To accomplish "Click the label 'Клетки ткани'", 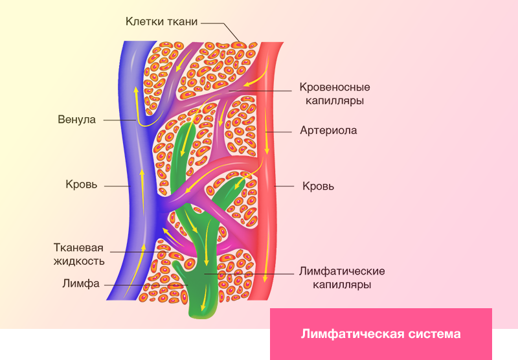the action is (161, 21).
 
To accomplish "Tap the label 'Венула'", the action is (76, 119).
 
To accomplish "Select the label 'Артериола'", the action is (328, 130).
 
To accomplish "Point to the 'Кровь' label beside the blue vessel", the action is (82, 184).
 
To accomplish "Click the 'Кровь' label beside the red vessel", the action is (318, 186).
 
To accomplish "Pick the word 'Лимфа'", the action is (81, 284).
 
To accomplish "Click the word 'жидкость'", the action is (79, 261).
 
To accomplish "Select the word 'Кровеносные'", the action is (335, 87).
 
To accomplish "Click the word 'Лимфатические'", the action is (342, 271).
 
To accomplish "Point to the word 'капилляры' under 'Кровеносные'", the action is (335, 101).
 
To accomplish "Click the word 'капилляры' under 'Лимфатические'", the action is (342, 285).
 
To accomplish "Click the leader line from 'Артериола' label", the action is (279, 132).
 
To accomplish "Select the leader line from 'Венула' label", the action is (120, 120).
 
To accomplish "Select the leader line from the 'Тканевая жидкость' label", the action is (139, 253).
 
